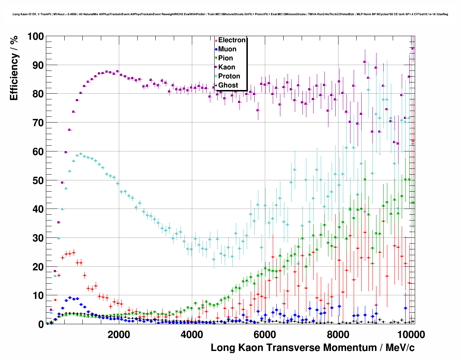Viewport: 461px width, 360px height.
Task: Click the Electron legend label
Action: coord(232,40)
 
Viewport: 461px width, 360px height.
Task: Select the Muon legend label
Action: coord(227,49)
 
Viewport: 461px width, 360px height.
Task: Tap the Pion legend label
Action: coord(225,58)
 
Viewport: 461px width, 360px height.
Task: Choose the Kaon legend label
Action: coord(227,67)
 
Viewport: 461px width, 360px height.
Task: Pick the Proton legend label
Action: coord(229,76)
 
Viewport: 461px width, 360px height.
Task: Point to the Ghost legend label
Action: coord(228,85)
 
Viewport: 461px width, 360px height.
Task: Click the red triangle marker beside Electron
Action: coord(216,40)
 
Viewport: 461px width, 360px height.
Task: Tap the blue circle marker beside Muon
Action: coord(216,49)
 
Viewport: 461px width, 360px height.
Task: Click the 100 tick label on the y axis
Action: coord(35,37)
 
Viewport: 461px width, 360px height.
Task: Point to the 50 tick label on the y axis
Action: coord(38,180)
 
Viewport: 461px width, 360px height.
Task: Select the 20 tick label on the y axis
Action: coord(38,267)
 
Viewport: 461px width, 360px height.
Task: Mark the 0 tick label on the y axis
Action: coord(41,325)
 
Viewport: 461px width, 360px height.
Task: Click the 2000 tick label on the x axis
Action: coord(119,334)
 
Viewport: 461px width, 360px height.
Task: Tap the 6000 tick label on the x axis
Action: coord(265,334)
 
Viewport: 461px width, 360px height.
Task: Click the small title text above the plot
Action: coord(230,14)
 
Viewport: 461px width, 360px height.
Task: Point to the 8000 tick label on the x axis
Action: coord(338,334)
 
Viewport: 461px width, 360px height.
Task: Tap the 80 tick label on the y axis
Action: coord(38,94)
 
